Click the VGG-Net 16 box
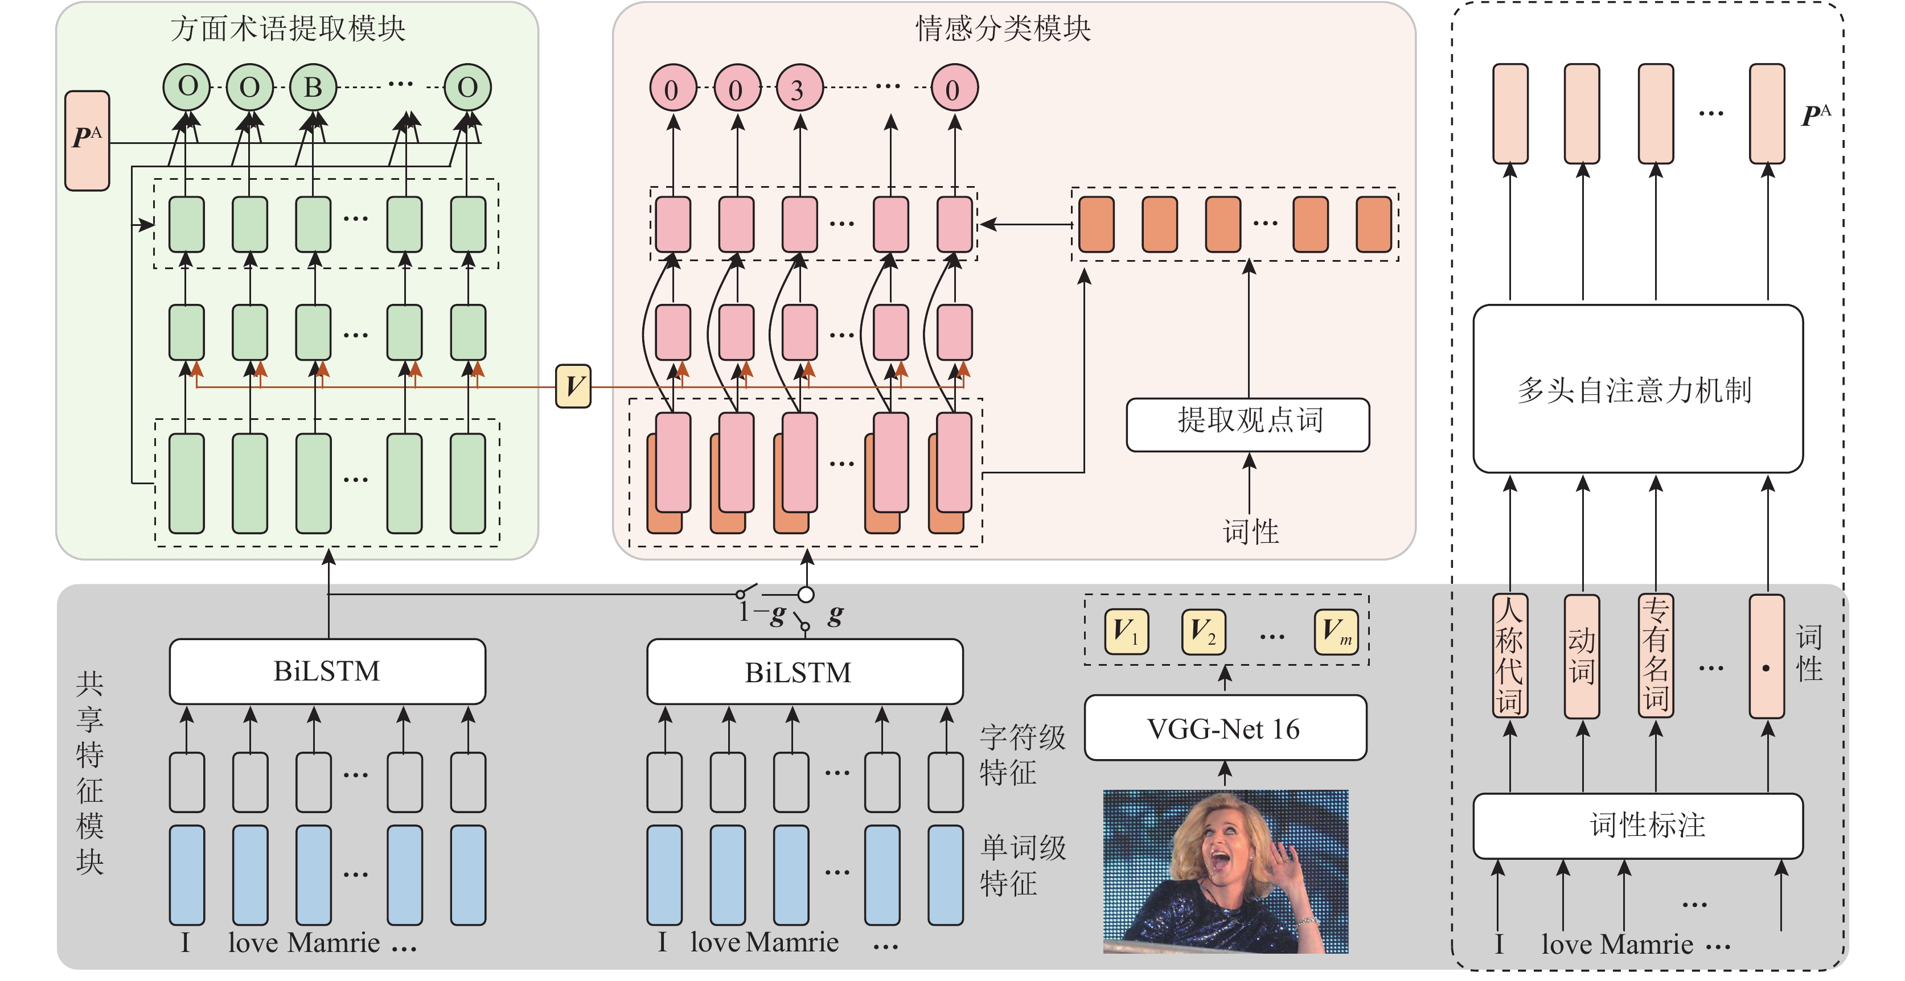(x=1225, y=728)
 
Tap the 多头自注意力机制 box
(x=1637, y=389)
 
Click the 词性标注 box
(x=1637, y=825)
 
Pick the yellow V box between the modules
(x=573, y=386)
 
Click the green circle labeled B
(x=313, y=87)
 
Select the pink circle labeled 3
(x=799, y=89)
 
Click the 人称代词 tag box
(x=1509, y=656)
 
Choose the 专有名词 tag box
(x=1656, y=656)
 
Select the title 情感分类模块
(x=1003, y=29)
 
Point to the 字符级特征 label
(x=1022, y=755)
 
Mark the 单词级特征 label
(x=1022, y=865)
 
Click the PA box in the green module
(x=87, y=141)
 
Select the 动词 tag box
(x=1582, y=656)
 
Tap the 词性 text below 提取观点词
(x=1250, y=531)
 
